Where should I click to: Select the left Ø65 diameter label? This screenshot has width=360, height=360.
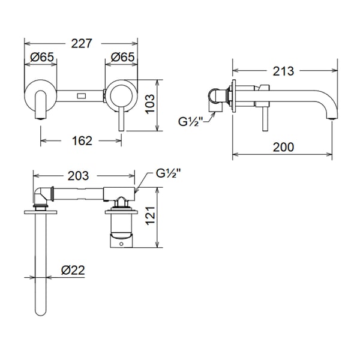pos(41,58)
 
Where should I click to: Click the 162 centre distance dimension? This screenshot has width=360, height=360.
pos(82,141)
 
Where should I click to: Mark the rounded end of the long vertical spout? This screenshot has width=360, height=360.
pos(41,311)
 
